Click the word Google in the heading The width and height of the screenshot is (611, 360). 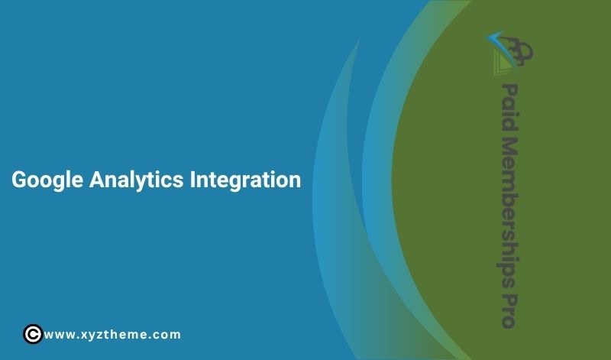click(47, 181)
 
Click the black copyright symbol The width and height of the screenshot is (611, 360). click(32, 334)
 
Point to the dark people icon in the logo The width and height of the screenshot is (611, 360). click(523, 50)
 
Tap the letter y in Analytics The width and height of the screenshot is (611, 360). click(139, 183)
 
